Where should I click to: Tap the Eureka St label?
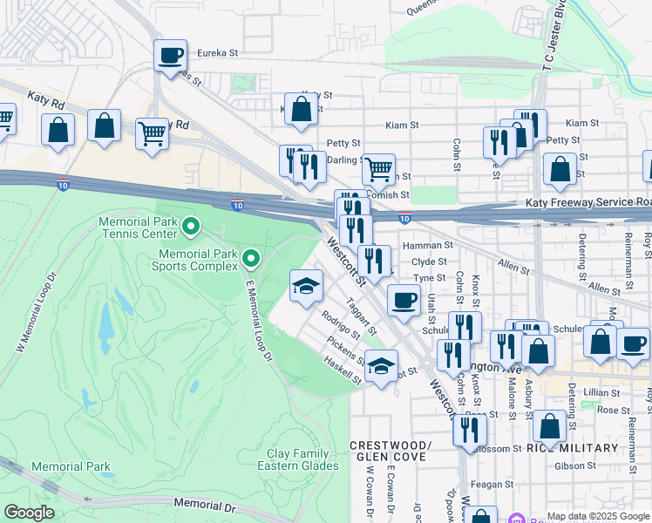coord(217,53)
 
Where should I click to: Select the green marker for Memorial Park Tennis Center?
coord(191,229)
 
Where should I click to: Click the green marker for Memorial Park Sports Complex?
coord(251,258)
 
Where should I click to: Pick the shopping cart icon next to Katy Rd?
coord(152,134)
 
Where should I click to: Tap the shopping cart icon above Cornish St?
coord(378,169)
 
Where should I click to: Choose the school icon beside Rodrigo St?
coord(306,285)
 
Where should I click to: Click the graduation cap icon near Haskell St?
coord(381,365)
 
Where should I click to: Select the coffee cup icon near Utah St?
coord(403,300)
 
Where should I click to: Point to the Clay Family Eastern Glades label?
coord(297,459)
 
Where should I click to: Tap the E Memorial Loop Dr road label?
coord(260,316)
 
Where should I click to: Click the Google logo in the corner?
coord(29,513)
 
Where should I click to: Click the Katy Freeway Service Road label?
coord(588,202)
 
